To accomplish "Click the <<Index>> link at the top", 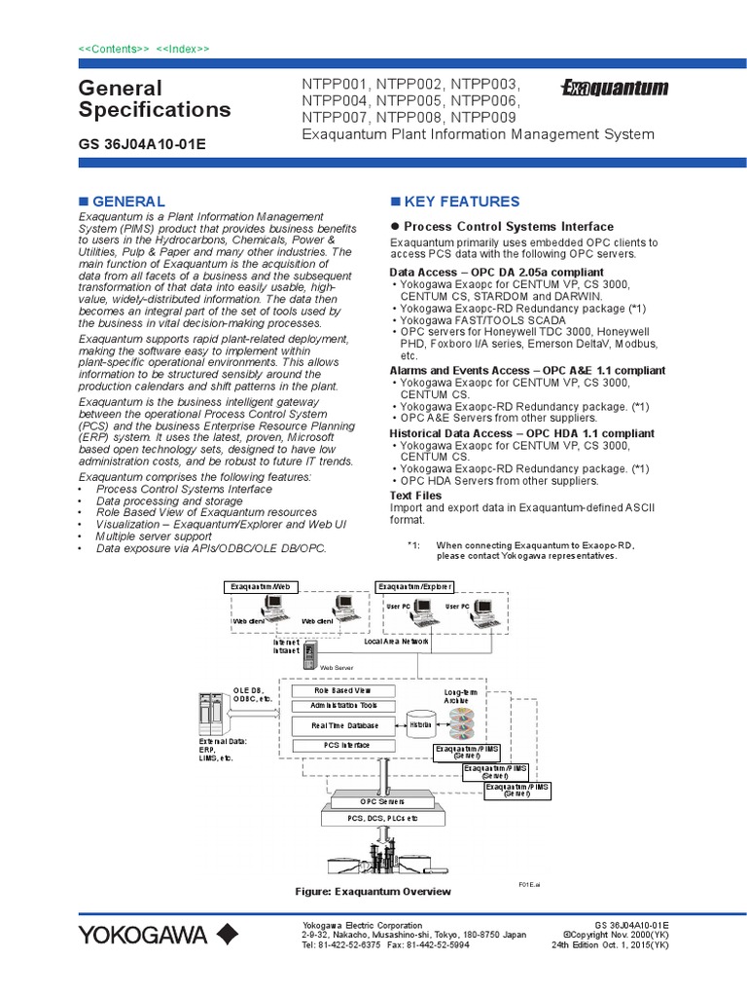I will pos(183,49).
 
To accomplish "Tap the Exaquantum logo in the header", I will pos(615,89).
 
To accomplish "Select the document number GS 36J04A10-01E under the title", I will pos(141,145).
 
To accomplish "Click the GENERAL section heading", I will pos(127,202).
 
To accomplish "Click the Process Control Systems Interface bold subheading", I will pos(509,227).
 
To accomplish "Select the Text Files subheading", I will pos(415,496).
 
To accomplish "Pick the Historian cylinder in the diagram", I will pos(420,725).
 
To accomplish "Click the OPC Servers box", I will pos(381,800).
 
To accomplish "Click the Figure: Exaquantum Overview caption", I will pos(373,891).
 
